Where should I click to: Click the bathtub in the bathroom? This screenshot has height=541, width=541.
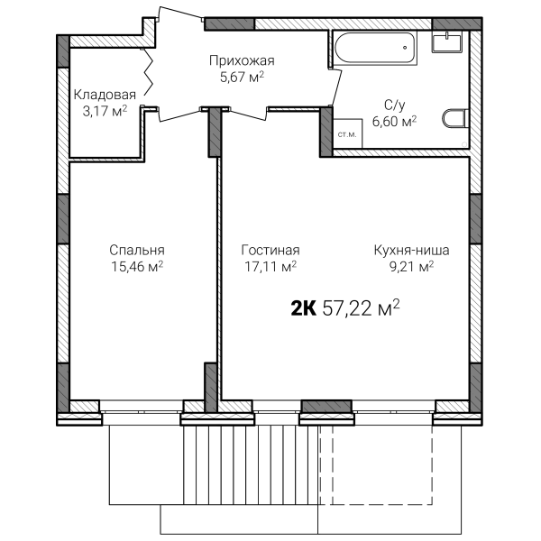click(375, 48)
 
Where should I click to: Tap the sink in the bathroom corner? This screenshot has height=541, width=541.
click(447, 41)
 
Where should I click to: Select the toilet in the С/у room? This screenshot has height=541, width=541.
click(455, 118)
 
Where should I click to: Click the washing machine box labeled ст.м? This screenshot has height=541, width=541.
click(347, 133)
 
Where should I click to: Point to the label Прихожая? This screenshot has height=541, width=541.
click(242, 60)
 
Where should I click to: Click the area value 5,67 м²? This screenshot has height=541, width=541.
click(242, 77)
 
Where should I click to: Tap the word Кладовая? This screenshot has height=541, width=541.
click(105, 95)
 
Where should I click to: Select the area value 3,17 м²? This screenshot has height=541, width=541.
click(105, 111)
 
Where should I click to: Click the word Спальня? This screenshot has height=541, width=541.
click(137, 250)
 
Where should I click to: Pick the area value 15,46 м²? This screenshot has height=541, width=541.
click(137, 266)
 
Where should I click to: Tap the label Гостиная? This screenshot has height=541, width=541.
click(270, 250)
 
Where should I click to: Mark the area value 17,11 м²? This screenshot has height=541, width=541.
click(270, 266)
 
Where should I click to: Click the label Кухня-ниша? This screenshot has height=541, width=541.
click(412, 250)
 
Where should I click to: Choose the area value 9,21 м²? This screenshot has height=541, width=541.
click(412, 266)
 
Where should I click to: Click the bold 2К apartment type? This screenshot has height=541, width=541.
click(304, 308)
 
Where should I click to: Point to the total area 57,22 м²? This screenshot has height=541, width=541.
click(361, 307)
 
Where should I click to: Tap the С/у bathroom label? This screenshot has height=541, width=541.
click(395, 105)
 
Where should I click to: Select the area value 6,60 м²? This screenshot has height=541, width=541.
click(395, 121)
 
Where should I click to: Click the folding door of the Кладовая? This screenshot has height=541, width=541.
click(149, 72)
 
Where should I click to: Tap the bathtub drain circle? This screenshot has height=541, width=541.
click(405, 48)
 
